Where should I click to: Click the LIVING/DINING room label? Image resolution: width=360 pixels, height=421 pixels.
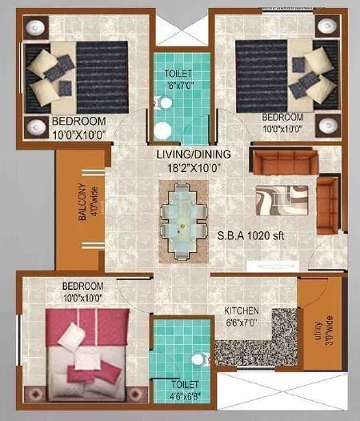[x=184, y=155]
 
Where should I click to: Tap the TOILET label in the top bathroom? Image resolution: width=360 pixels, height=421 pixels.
[x=179, y=74]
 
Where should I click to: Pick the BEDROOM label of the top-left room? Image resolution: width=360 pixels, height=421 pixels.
[x=77, y=122]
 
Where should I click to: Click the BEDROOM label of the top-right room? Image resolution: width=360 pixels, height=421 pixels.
[x=284, y=118]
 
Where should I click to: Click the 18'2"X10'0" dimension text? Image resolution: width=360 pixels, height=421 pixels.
[x=184, y=169]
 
